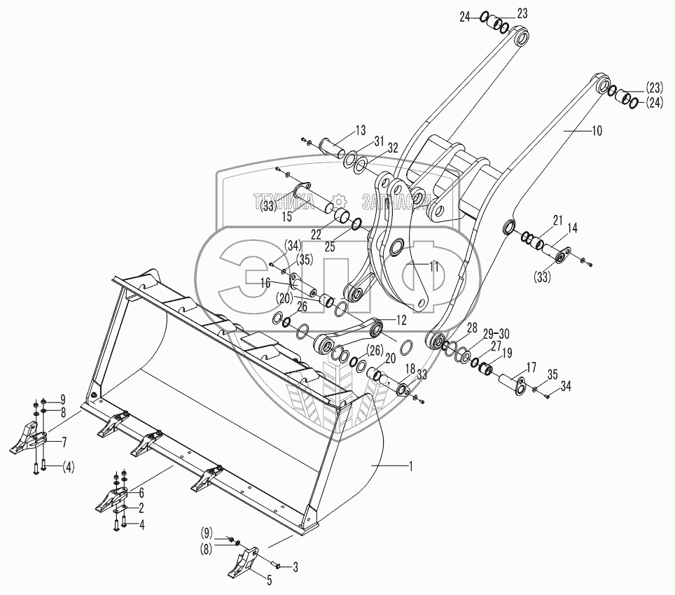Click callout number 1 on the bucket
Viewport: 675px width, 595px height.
(x=411, y=464)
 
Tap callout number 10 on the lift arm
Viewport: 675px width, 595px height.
(x=596, y=130)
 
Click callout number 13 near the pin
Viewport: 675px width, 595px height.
(x=360, y=130)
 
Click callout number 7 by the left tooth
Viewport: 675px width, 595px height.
(x=64, y=442)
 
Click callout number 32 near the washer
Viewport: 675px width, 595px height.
(x=392, y=148)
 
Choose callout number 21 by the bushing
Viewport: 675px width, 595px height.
(x=557, y=220)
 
